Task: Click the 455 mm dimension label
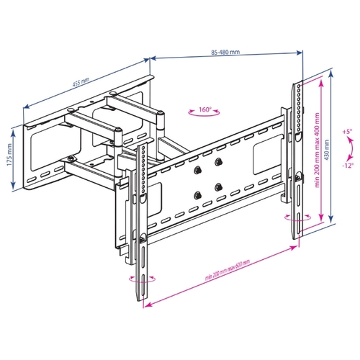pos(81,82)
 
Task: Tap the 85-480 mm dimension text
pos(225,52)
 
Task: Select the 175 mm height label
pos(9,155)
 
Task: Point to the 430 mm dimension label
pos(327,150)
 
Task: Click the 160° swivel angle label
pos(204,109)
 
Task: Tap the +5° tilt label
pos(347,132)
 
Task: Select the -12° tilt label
pos(348,166)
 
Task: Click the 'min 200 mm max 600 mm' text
pos(228,270)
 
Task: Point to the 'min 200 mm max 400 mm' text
pos(318,150)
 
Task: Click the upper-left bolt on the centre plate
pos(197,170)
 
